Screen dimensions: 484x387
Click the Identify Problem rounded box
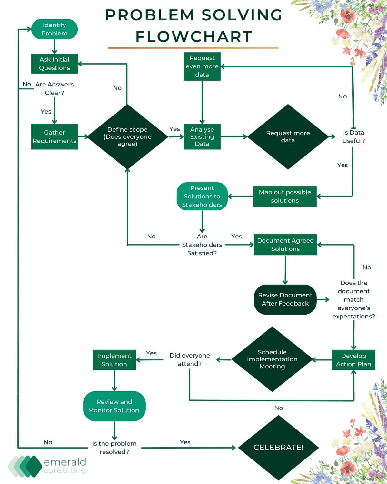point(54,29)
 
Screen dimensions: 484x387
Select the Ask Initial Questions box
point(54,64)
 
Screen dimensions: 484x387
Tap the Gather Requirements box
point(54,136)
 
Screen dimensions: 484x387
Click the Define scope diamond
point(127,136)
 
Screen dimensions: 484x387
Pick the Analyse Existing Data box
point(202,136)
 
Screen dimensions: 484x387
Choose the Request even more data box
point(202,66)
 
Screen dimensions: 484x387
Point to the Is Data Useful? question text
point(353,136)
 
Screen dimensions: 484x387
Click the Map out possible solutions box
point(285,196)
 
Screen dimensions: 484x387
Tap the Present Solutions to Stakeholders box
point(202,196)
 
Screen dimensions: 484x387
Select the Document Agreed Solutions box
point(285,245)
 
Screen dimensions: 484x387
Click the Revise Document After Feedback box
point(285,299)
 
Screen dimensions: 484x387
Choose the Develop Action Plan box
point(353,360)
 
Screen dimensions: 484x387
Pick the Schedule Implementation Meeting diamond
point(272,359)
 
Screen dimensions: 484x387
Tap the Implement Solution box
point(114,360)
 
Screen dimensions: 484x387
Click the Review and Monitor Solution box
point(114,406)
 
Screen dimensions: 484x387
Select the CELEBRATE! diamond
point(278,448)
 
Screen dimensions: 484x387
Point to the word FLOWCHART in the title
point(193,36)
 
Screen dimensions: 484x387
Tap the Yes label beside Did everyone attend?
point(151,353)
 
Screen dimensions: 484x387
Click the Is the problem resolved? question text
point(114,448)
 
